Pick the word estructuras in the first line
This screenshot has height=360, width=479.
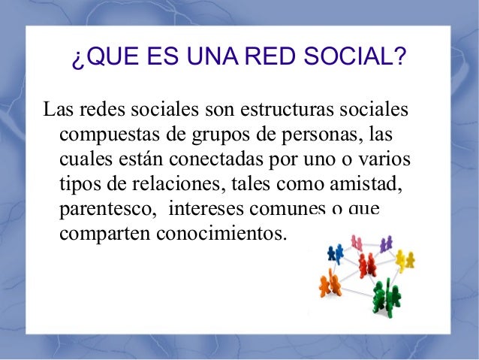pos(277,111)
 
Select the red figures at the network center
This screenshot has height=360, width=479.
pos(367,264)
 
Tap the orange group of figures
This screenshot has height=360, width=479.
pos(328,284)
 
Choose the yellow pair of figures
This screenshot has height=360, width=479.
pos(405,259)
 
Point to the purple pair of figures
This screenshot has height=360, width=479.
pos(386,244)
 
